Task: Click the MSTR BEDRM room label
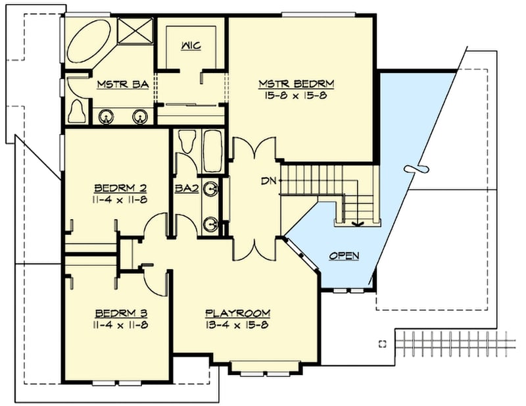click(297, 84)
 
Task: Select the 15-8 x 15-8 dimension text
click(297, 95)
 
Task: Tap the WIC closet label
click(191, 45)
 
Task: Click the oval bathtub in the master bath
click(91, 42)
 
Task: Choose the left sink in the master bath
click(105, 117)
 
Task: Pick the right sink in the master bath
click(139, 117)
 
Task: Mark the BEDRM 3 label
click(116, 313)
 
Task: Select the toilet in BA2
click(187, 141)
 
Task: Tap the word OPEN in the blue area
click(344, 255)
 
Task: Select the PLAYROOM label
click(237, 313)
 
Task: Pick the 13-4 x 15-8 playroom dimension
click(237, 324)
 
